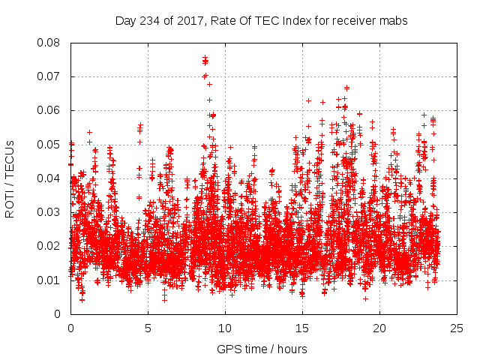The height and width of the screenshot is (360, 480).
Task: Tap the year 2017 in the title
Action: point(188,21)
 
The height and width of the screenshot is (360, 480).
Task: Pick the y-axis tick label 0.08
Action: point(49,43)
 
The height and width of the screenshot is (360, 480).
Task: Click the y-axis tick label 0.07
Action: point(49,76)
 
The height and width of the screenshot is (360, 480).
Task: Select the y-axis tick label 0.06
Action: point(49,110)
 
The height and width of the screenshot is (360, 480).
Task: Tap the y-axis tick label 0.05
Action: point(49,145)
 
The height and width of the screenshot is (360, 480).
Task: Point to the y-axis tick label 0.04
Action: point(49,178)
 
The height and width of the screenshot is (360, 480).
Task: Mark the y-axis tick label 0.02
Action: point(49,246)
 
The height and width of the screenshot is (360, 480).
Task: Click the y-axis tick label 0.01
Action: point(49,280)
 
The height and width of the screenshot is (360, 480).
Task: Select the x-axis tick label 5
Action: point(148,328)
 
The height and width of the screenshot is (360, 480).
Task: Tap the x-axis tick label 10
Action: point(225,328)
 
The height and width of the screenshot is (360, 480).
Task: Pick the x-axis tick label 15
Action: point(302,328)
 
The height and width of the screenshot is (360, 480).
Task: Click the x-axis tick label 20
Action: point(379,328)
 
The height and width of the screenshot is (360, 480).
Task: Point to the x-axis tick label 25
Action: point(457,328)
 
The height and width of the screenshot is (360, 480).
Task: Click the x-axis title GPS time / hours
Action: point(262,349)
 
